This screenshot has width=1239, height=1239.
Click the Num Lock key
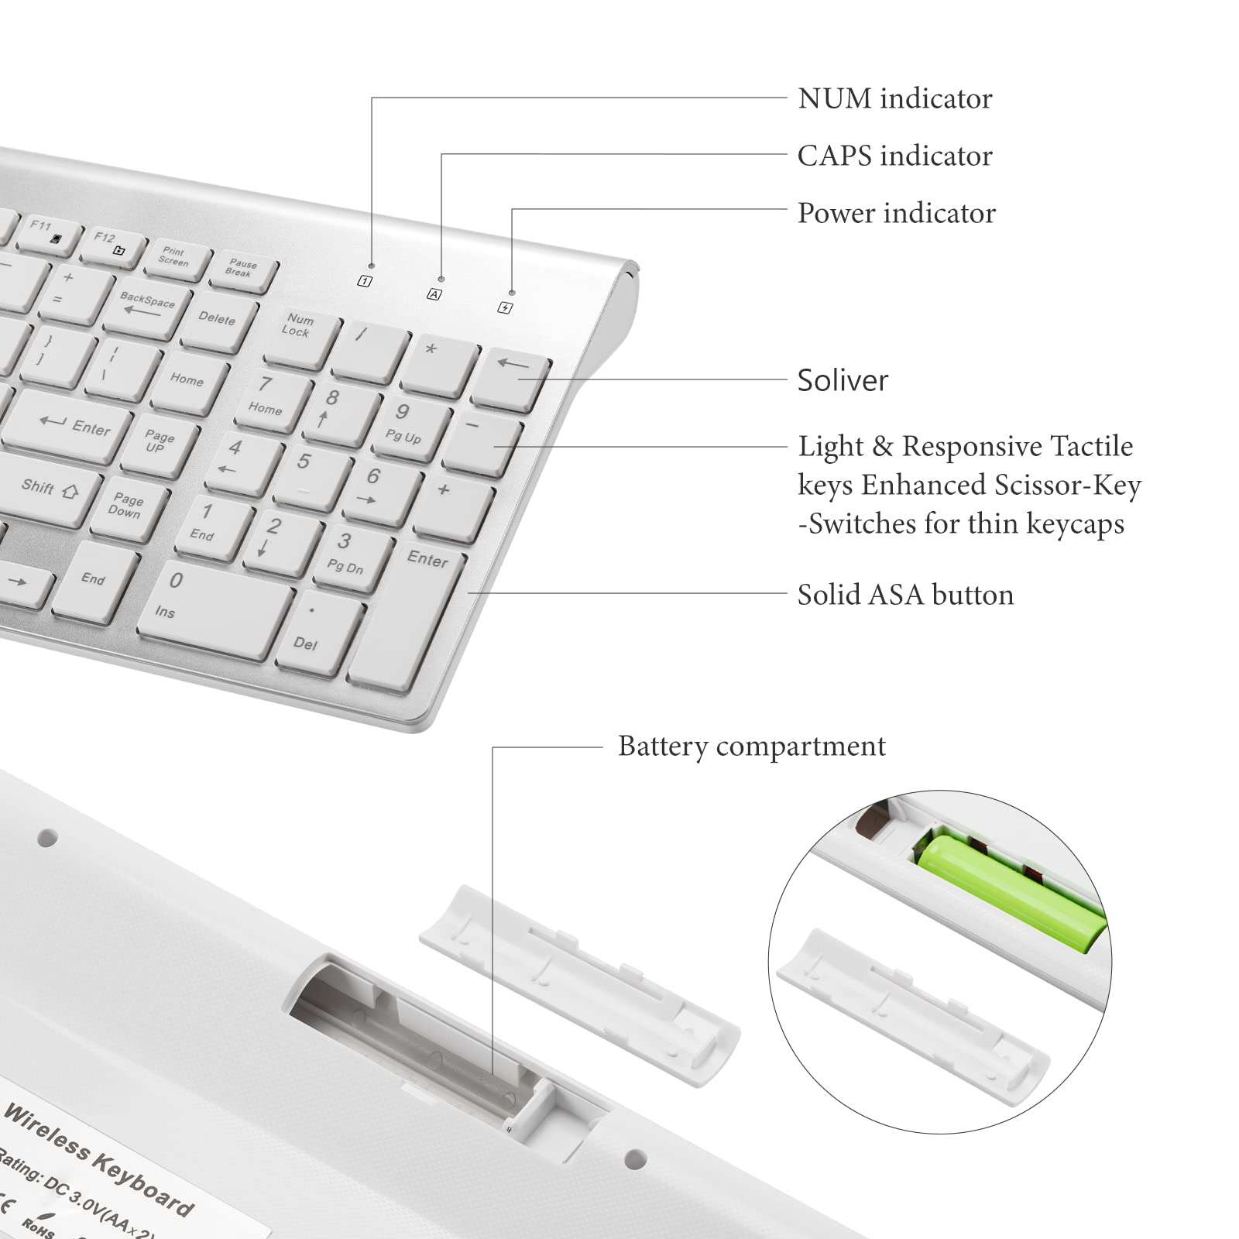coord(298,331)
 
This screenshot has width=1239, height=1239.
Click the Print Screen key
coord(175,257)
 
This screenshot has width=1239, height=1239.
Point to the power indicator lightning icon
coord(505,308)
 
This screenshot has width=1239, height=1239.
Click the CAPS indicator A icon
coord(434,294)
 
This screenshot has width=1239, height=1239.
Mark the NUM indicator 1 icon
coord(365,281)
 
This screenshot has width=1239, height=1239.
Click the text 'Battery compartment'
coord(751,746)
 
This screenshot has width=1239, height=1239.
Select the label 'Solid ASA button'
coord(905,595)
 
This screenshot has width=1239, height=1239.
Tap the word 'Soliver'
coord(843,380)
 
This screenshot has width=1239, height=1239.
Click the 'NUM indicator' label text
coord(894,99)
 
